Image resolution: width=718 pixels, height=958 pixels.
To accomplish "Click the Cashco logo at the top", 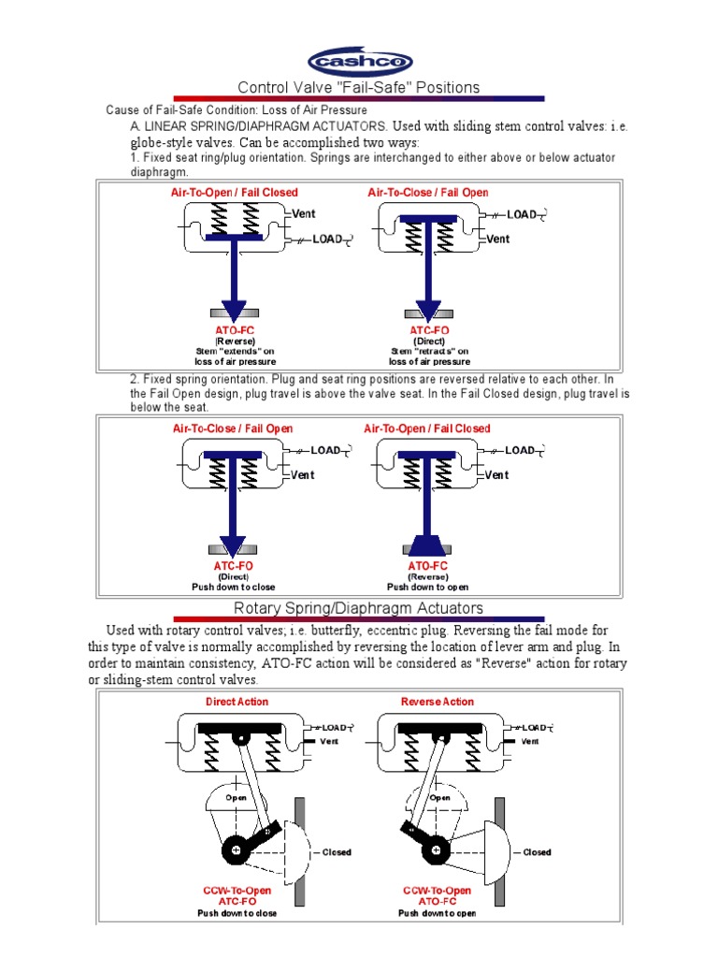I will point(360,62).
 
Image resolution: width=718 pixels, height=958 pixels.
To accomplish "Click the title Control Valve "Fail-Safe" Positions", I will point(359,88).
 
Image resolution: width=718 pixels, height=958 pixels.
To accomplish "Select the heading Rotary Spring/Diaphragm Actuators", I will point(358,609).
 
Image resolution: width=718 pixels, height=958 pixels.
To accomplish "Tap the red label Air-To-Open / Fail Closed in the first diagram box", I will point(234,193).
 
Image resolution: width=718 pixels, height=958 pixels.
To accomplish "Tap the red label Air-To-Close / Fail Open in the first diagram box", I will point(428,193).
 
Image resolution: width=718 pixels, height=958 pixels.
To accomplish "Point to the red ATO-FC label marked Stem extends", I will point(234,330).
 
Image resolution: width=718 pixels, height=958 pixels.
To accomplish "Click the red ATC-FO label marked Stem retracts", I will point(429,330).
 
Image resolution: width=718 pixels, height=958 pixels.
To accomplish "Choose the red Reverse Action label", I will point(437,702).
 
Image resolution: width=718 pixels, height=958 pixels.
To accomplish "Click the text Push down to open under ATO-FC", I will point(427,588).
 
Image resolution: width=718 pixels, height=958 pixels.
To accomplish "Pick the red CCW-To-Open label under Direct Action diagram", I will point(237,891).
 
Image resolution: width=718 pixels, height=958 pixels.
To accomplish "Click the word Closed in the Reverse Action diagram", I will point(537,852).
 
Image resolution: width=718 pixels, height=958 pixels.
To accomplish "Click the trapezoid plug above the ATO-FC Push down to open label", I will point(427,544).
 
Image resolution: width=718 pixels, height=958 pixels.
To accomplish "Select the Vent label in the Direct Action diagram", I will point(328,741).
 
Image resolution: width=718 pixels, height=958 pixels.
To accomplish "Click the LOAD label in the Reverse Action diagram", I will point(534,727).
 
